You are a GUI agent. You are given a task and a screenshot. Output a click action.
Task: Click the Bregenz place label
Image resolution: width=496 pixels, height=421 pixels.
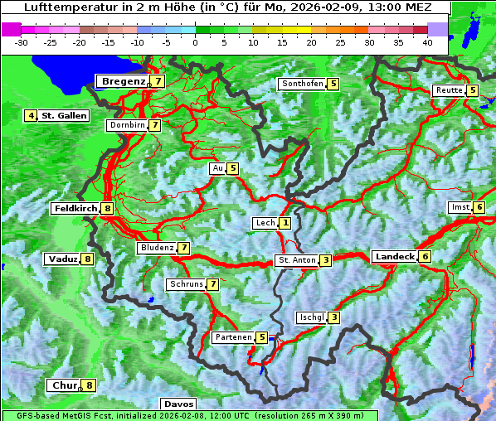(x=123, y=81)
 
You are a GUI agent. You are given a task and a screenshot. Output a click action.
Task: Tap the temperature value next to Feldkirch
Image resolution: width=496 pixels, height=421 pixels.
(x=108, y=209)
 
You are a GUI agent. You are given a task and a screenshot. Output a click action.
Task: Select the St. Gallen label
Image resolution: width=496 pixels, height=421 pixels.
(x=64, y=116)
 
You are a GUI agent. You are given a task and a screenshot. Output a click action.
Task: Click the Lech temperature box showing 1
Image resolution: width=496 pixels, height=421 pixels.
(x=285, y=223)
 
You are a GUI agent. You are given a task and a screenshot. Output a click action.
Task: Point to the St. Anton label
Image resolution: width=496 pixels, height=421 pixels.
(x=296, y=260)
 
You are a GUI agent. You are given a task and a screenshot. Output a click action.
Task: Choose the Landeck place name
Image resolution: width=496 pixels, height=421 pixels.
(x=394, y=257)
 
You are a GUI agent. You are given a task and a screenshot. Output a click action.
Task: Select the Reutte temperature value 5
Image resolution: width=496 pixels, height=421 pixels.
(x=473, y=90)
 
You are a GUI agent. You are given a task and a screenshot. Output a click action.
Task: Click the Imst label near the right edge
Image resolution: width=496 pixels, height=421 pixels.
(x=460, y=206)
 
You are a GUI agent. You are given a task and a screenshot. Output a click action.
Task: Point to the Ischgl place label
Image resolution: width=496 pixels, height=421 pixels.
(x=311, y=317)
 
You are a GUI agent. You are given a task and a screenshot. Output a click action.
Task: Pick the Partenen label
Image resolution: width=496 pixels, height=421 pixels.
(x=232, y=337)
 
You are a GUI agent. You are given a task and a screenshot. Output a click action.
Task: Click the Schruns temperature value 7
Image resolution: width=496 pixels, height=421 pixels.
(x=213, y=284)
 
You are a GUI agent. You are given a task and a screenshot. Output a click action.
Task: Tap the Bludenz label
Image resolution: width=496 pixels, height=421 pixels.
(x=157, y=248)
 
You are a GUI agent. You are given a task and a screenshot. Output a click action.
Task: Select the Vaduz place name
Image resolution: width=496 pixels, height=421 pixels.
(x=63, y=259)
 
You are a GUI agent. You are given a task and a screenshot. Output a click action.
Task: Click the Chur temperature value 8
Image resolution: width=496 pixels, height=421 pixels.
(x=90, y=385)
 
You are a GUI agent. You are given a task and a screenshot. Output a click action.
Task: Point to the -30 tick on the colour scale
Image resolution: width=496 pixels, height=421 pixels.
(x=22, y=42)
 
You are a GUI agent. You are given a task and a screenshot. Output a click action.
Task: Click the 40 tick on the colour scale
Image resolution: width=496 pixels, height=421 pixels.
(x=427, y=42)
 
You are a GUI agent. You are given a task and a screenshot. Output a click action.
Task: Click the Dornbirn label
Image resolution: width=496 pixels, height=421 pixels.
(x=127, y=125)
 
